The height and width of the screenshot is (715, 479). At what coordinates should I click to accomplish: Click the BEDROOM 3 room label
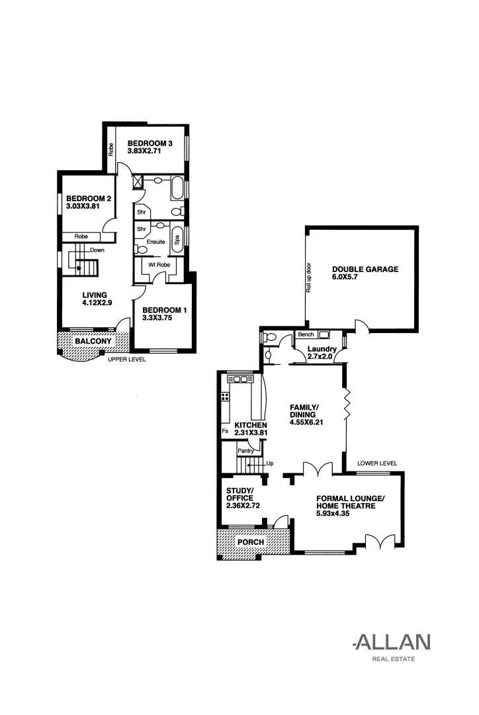[150, 143]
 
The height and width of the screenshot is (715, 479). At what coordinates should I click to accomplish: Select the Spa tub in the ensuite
[177, 239]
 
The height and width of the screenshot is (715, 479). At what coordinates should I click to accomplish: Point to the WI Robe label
[159, 265]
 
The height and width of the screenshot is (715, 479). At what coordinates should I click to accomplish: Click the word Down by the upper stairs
[97, 250]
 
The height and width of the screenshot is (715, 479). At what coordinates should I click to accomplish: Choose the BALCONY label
[92, 341]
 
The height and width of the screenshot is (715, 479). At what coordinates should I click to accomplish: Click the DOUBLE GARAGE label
[365, 269]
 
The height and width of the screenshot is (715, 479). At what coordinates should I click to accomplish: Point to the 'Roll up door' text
[308, 278]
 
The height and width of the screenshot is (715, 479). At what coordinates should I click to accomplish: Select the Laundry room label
[322, 349]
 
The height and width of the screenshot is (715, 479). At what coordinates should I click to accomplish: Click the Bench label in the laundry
[306, 335]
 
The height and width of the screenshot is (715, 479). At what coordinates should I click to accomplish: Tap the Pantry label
[247, 450]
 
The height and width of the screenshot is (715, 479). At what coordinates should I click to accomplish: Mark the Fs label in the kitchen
[226, 432]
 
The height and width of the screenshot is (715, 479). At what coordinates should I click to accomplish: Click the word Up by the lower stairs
[270, 464]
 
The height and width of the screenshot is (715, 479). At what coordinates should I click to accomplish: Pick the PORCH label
[251, 542]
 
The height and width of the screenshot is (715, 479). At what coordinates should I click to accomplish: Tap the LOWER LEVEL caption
[376, 463]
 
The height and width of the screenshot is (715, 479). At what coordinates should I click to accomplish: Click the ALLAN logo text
[392, 642]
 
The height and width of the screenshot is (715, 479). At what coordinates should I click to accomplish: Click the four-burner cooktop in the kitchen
[225, 398]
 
